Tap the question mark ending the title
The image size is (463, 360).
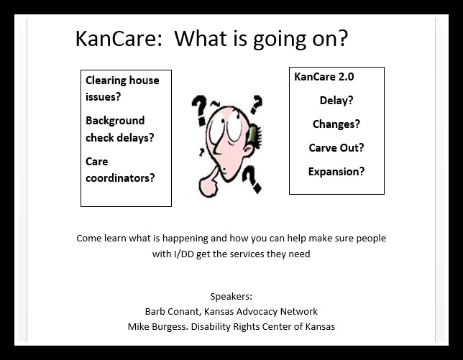tap(343, 38)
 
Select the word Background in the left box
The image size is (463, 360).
tap(115, 121)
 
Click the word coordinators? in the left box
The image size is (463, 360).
tap(120, 178)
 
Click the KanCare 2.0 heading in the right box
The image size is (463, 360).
tap(324, 77)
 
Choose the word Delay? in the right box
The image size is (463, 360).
tap(336, 101)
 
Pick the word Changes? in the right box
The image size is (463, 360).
tap(336, 124)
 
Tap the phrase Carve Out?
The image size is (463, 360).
tap(336, 147)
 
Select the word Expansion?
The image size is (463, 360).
tap(336, 172)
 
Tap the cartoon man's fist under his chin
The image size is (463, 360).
tap(208, 187)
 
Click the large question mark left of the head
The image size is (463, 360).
tap(200, 110)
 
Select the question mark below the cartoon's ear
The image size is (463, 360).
tap(252, 180)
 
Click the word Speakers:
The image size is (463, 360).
tap(232, 296)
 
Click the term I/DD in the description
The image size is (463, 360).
tap(183, 254)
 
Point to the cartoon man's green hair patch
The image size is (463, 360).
tap(253, 133)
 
